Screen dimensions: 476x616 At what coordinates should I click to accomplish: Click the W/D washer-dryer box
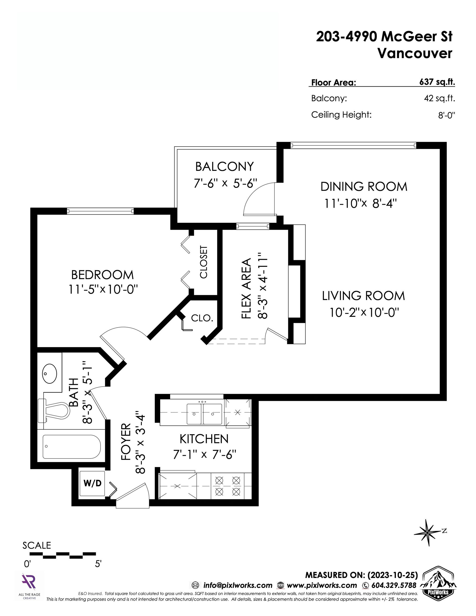click(92, 483)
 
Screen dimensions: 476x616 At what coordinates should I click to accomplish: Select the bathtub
click(71, 446)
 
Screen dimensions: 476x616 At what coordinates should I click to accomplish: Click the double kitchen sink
click(204, 414)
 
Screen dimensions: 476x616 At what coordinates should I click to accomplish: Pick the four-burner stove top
click(227, 486)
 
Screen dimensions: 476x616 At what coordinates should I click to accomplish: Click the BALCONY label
click(224, 166)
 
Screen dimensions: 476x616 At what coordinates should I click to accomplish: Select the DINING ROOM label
click(364, 187)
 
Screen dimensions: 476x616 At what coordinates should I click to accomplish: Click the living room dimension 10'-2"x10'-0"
click(364, 313)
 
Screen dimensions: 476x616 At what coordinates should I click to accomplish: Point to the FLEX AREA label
click(246, 288)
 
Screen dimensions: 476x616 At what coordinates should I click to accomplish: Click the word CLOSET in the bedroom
click(204, 262)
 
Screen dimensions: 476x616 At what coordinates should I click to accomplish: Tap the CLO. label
click(202, 318)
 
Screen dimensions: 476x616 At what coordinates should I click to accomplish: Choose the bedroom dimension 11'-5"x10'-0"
click(103, 289)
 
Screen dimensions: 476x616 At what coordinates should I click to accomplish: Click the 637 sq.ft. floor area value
click(437, 82)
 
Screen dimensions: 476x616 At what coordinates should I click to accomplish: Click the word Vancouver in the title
click(415, 53)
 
